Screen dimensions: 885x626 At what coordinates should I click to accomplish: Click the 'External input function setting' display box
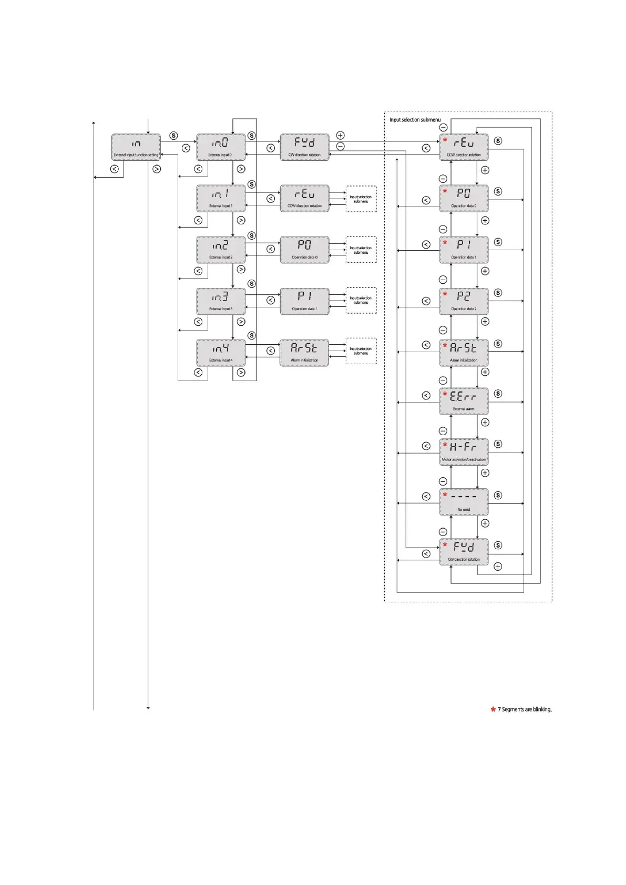[x=136, y=147]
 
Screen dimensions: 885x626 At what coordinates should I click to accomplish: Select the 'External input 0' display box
[x=220, y=147]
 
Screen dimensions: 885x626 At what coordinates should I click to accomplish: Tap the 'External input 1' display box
[x=220, y=198]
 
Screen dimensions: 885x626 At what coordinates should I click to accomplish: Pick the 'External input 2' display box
[x=220, y=250]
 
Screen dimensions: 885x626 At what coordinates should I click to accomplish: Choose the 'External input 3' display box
[x=220, y=301]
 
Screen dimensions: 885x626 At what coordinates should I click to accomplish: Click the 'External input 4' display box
[x=220, y=353]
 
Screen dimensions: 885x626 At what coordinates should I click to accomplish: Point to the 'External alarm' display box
[x=464, y=401]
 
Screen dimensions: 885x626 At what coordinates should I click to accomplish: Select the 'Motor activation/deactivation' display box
[x=464, y=452]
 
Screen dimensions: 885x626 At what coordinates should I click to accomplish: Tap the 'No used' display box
[x=464, y=502]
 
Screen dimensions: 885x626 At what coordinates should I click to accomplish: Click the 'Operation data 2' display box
[x=464, y=301]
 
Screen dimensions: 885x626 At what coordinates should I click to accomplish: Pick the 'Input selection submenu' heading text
[x=415, y=120]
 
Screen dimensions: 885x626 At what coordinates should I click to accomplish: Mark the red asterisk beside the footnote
[x=493, y=709]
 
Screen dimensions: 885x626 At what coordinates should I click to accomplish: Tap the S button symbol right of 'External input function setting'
[x=173, y=136]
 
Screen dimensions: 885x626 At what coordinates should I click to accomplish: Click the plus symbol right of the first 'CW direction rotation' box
[x=340, y=136]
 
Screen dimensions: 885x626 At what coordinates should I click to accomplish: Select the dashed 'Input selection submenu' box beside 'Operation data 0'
[x=361, y=250]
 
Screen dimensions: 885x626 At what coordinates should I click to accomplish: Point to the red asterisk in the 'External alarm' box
[x=445, y=394]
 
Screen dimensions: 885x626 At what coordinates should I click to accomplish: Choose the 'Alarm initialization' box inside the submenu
[x=464, y=353]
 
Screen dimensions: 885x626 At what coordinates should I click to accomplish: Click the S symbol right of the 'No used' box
[x=498, y=495]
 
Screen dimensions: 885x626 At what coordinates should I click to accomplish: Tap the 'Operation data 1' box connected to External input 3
[x=304, y=301]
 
